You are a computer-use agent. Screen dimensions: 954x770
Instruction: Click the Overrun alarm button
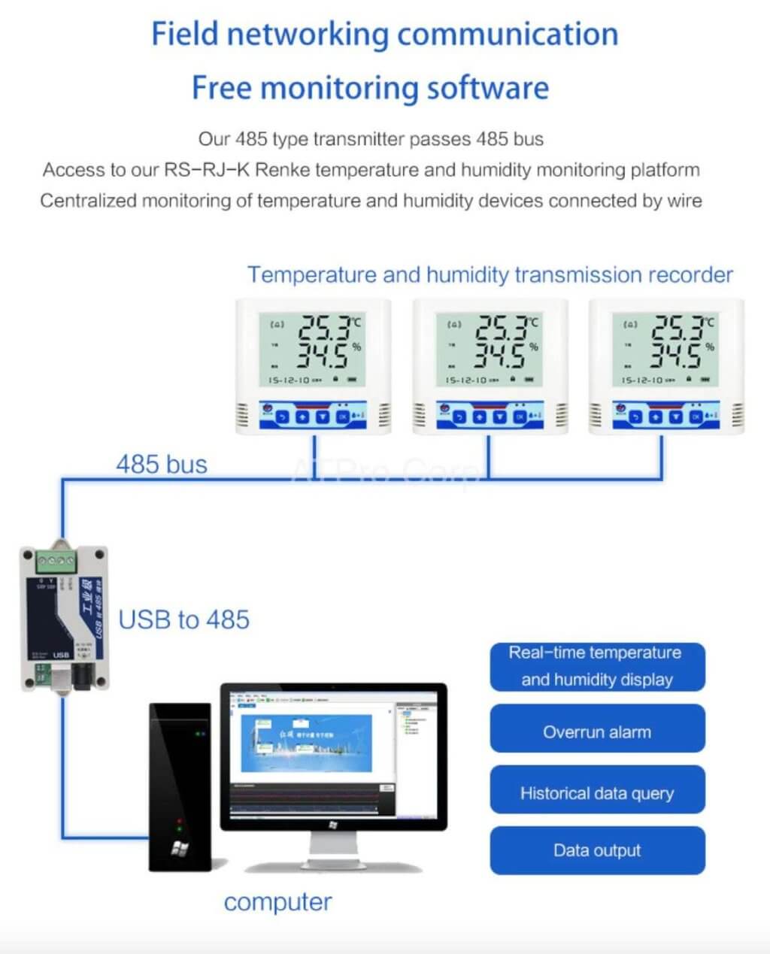[x=597, y=731]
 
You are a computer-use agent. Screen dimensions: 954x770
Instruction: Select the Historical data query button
[x=597, y=793]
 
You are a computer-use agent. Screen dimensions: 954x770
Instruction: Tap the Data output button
[x=597, y=850]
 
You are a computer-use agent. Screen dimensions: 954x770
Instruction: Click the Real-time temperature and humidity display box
[x=597, y=666]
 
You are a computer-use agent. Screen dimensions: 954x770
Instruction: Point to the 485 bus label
[x=162, y=464]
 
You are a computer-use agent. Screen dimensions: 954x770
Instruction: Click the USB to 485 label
[x=184, y=619]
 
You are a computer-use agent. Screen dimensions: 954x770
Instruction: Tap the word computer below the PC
[x=277, y=902]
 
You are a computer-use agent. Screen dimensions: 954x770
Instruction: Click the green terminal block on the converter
[x=54, y=560]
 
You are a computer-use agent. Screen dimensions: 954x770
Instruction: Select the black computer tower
[x=180, y=786]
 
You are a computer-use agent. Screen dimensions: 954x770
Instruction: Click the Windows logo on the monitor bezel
[x=333, y=825]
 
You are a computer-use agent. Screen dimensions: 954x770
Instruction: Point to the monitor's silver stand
[x=334, y=853]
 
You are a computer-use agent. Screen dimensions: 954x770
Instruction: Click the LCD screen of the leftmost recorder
[x=312, y=350]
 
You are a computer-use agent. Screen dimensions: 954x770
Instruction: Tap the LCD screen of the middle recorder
[x=490, y=350]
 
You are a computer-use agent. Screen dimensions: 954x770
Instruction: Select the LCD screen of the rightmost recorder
[x=666, y=350]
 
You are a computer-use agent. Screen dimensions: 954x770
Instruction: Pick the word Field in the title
[x=185, y=34]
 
